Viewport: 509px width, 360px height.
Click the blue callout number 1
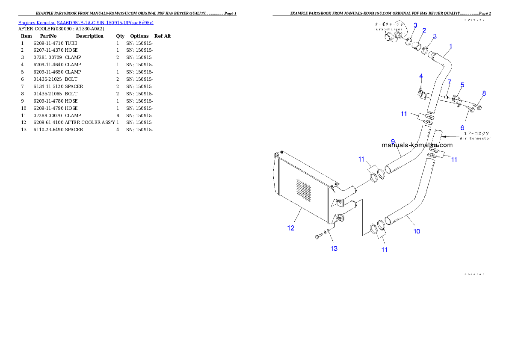[450, 46]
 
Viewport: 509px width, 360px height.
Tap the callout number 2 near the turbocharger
[424, 30]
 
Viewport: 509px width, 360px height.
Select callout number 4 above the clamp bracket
[421, 76]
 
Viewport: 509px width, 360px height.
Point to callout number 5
[462, 85]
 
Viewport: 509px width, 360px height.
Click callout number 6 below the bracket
[462, 127]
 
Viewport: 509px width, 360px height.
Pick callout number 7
[449, 82]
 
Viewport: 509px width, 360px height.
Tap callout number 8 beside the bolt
[484, 93]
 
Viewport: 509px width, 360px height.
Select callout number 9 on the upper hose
[393, 142]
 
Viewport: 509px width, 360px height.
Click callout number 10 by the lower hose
[417, 231]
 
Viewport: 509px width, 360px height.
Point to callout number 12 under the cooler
[291, 228]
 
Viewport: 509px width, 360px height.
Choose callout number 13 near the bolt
[334, 248]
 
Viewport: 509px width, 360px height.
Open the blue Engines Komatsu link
[86, 23]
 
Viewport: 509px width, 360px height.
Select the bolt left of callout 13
[319, 236]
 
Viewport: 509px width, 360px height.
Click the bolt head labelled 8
[479, 107]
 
